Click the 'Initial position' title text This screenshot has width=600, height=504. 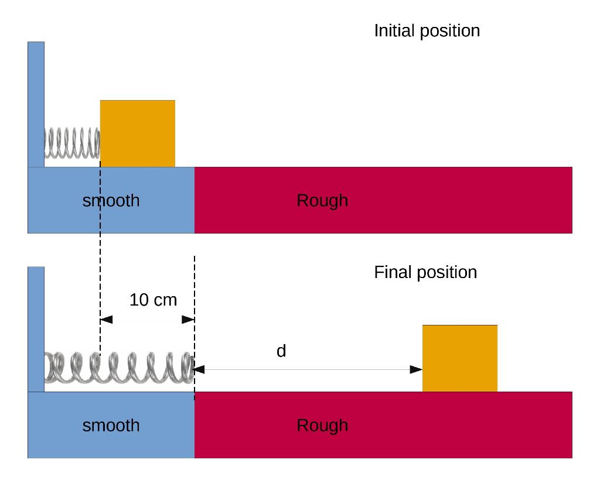pyautogui.click(x=427, y=31)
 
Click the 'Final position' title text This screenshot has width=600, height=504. pyautogui.click(x=425, y=272)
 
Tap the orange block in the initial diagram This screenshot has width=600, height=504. pyautogui.click(x=138, y=133)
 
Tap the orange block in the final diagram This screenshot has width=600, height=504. pyautogui.click(x=459, y=358)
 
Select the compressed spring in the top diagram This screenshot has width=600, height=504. pyautogui.click(x=72, y=143)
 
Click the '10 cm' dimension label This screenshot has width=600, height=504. pyautogui.click(x=153, y=300)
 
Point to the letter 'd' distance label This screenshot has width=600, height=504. pyautogui.click(x=281, y=351)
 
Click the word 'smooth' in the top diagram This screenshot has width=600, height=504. pyautogui.click(x=111, y=201)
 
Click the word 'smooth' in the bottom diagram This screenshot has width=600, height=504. pyautogui.click(x=111, y=426)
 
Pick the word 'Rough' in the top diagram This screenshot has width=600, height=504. pyautogui.click(x=322, y=201)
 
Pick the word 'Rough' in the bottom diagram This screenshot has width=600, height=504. pyautogui.click(x=322, y=426)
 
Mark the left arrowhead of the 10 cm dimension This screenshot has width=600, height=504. pyautogui.click(x=106, y=320)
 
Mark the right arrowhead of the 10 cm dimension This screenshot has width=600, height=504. pyautogui.click(x=188, y=320)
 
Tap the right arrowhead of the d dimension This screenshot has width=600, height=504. pyautogui.click(x=416, y=369)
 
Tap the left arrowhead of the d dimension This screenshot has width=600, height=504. pyautogui.click(x=199, y=369)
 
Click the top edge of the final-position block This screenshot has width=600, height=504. pyautogui.click(x=459, y=325)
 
